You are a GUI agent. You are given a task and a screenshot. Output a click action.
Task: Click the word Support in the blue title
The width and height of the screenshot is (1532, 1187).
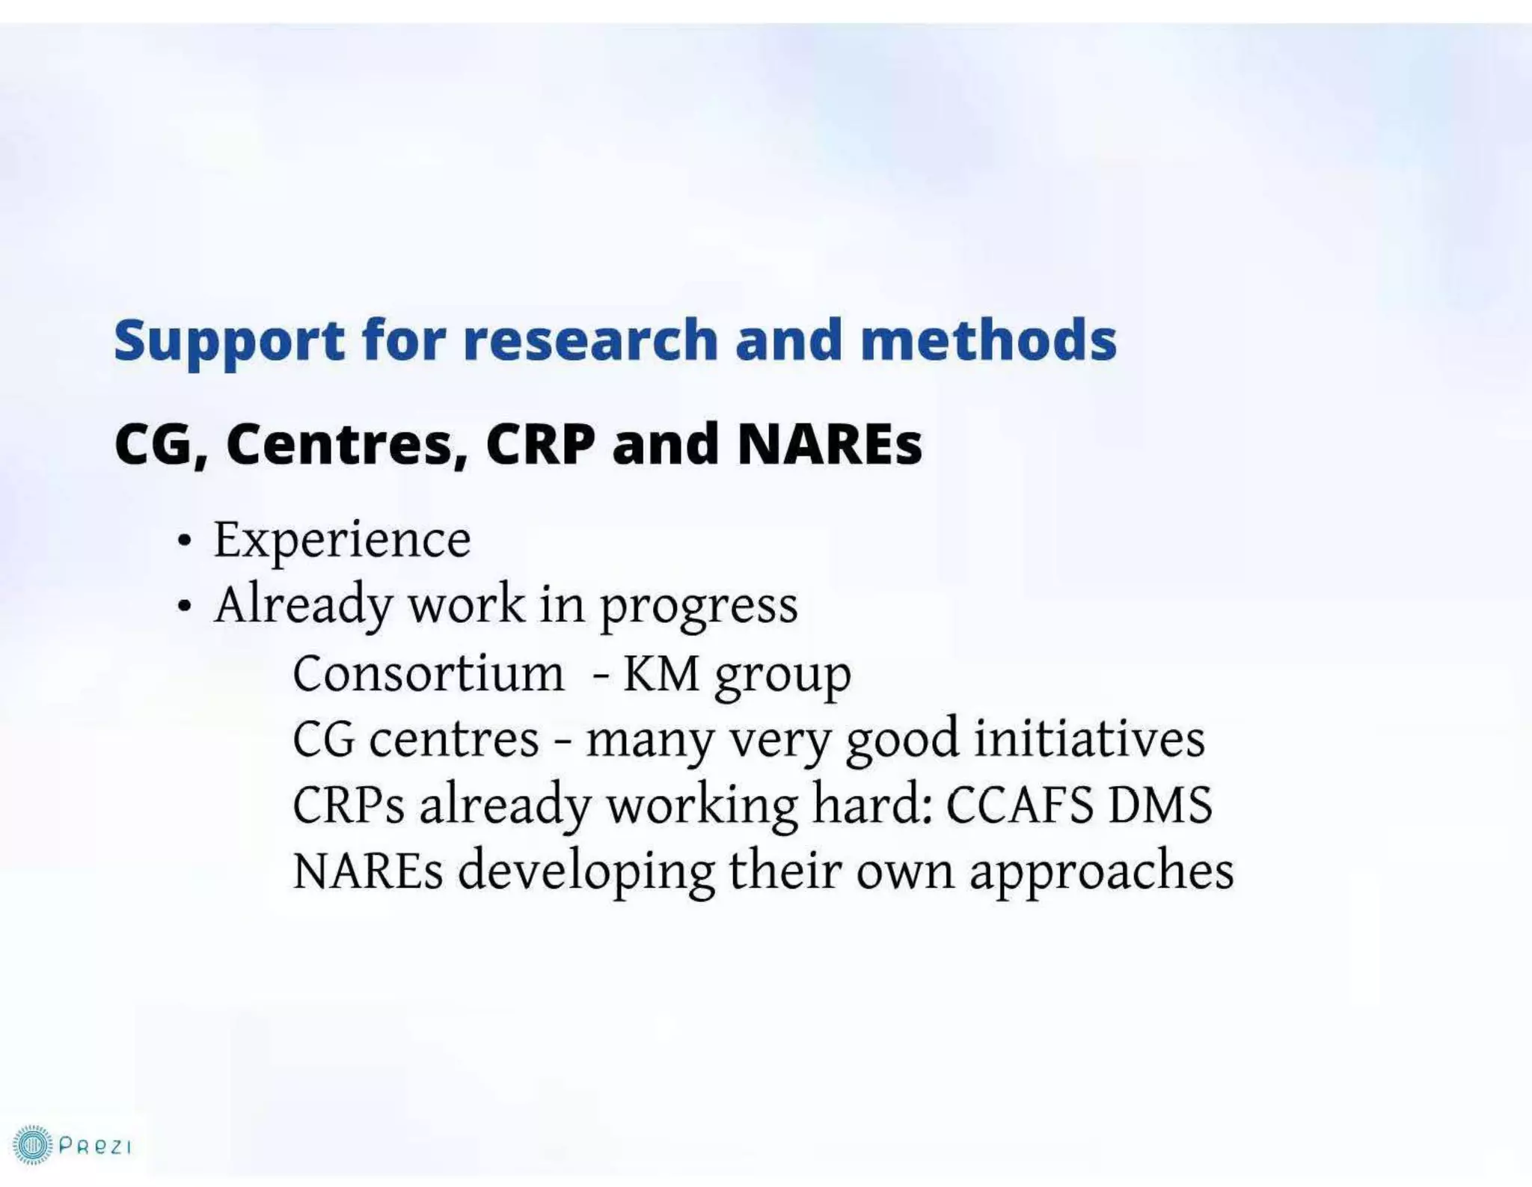[x=229, y=341]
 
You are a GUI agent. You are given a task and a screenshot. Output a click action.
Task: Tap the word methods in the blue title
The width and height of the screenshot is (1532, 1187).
[x=988, y=341]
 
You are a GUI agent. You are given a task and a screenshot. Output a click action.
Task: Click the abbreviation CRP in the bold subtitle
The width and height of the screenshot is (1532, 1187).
[x=540, y=444]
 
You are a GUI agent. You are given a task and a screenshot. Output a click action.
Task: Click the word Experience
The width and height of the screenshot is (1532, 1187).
[x=342, y=539]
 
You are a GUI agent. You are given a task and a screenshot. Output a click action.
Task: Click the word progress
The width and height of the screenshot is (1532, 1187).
[x=699, y=607]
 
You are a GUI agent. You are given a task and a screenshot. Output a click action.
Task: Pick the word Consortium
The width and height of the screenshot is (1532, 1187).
[x=428, y=674]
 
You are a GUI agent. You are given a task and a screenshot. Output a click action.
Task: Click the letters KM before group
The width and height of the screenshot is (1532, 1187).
[x=661, y=674]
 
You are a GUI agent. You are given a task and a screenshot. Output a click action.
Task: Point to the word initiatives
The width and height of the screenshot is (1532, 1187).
[x=1089, y=739]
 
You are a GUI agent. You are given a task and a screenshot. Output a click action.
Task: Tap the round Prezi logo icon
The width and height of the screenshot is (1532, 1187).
[x=32, y=1145]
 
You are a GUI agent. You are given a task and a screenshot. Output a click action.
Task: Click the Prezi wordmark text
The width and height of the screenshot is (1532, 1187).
[x=95, y=1147]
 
